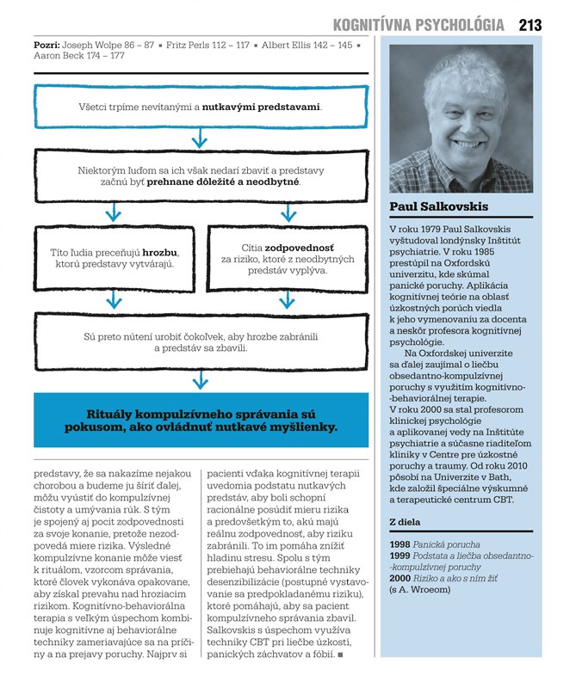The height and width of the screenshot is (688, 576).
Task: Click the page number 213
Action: [530, 25]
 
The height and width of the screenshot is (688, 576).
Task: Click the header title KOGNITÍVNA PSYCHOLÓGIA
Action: [418, 25]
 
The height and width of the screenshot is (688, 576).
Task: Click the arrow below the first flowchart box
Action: [200, 137]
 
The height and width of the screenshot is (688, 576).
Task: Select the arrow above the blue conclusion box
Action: [200, 379]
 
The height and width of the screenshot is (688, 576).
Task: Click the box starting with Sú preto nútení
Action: [200, 341]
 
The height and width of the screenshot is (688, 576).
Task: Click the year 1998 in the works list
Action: [400, 545]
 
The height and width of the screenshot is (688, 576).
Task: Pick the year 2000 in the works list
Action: [400, 579]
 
